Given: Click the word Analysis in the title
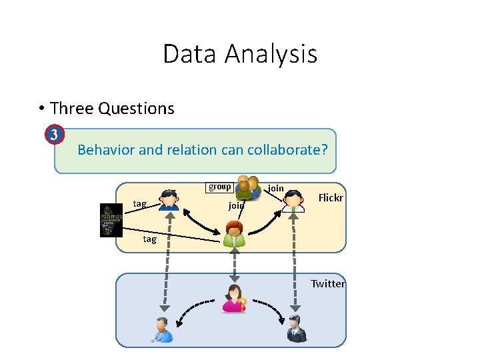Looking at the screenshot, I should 271,55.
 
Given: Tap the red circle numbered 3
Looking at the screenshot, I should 55,135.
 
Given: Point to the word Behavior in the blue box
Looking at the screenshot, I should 105,149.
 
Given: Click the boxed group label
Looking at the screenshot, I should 219,187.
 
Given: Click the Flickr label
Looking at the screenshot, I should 330,197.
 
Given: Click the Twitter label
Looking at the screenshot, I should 328,283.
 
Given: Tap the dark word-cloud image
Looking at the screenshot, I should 111,220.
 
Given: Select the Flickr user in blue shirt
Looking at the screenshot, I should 169,200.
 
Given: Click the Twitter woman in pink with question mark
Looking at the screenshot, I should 235,299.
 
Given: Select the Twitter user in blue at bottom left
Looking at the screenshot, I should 162,329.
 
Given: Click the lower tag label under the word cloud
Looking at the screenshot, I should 149,239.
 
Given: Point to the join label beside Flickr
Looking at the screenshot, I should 275,189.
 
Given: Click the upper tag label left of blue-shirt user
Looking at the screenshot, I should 140,203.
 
